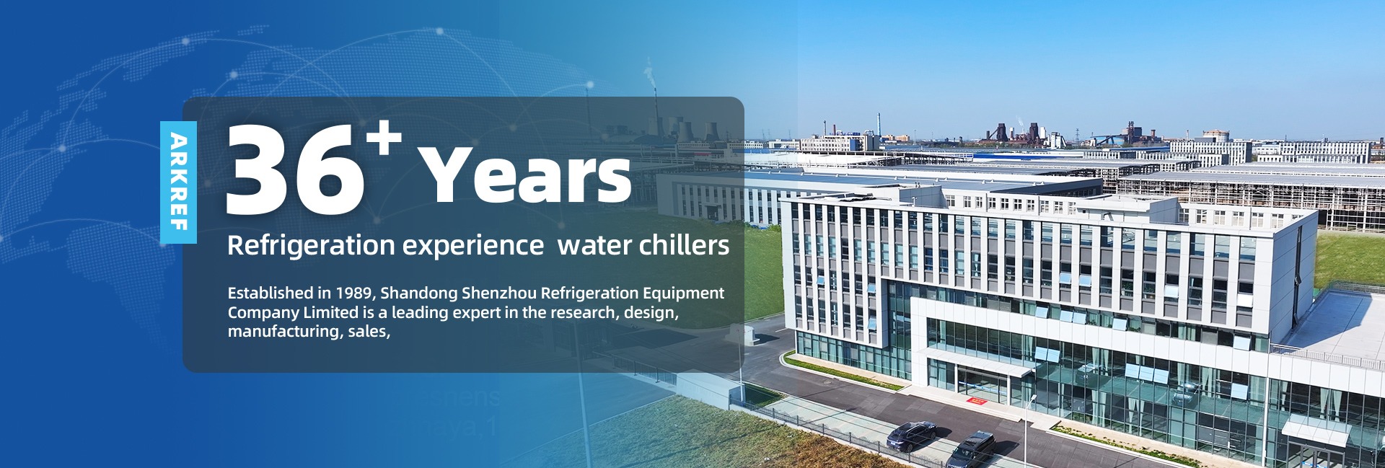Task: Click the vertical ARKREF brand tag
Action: point(178,182)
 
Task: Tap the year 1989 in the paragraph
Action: point(353,293)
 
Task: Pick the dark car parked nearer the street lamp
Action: point(971,448)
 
